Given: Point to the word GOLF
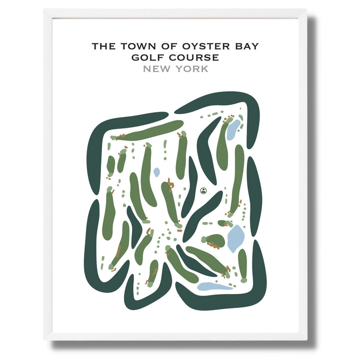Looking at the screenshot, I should [148, 57].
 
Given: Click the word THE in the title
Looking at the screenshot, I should [104, 46].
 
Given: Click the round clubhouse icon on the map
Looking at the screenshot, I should [203, 190].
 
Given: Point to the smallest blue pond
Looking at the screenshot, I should [156, 172].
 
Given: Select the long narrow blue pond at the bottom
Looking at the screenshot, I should [214, 286].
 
